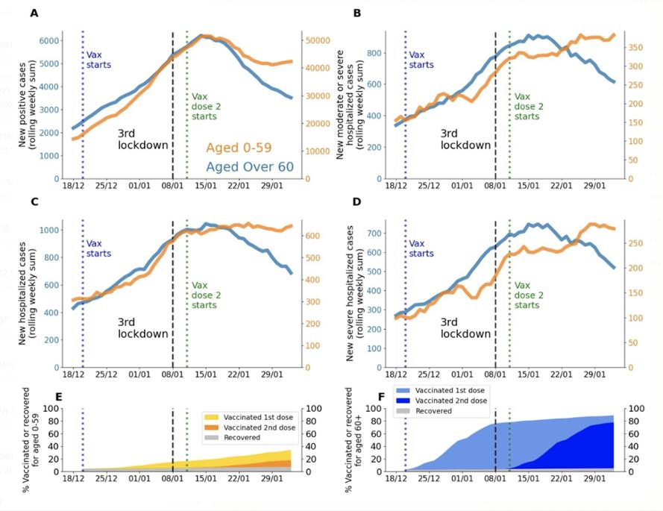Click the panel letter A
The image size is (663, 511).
point(34,14)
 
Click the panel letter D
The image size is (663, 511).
point(356,201)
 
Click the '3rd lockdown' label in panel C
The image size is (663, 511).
point(143,327)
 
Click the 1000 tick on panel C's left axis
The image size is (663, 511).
point(51,230)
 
